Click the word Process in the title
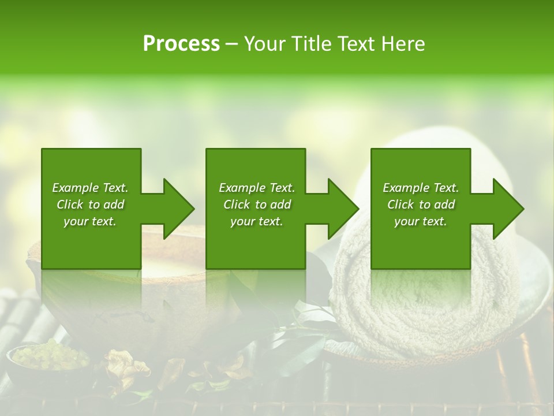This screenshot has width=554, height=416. click(181, 44)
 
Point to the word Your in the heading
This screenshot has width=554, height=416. click(266, 44)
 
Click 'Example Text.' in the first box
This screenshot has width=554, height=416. click(90, 188)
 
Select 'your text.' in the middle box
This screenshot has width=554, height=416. click(256, 221)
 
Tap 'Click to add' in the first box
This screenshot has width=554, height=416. click(90, 205)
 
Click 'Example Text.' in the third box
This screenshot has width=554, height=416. click(421, 188)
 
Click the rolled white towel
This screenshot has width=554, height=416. click(427, 306)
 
